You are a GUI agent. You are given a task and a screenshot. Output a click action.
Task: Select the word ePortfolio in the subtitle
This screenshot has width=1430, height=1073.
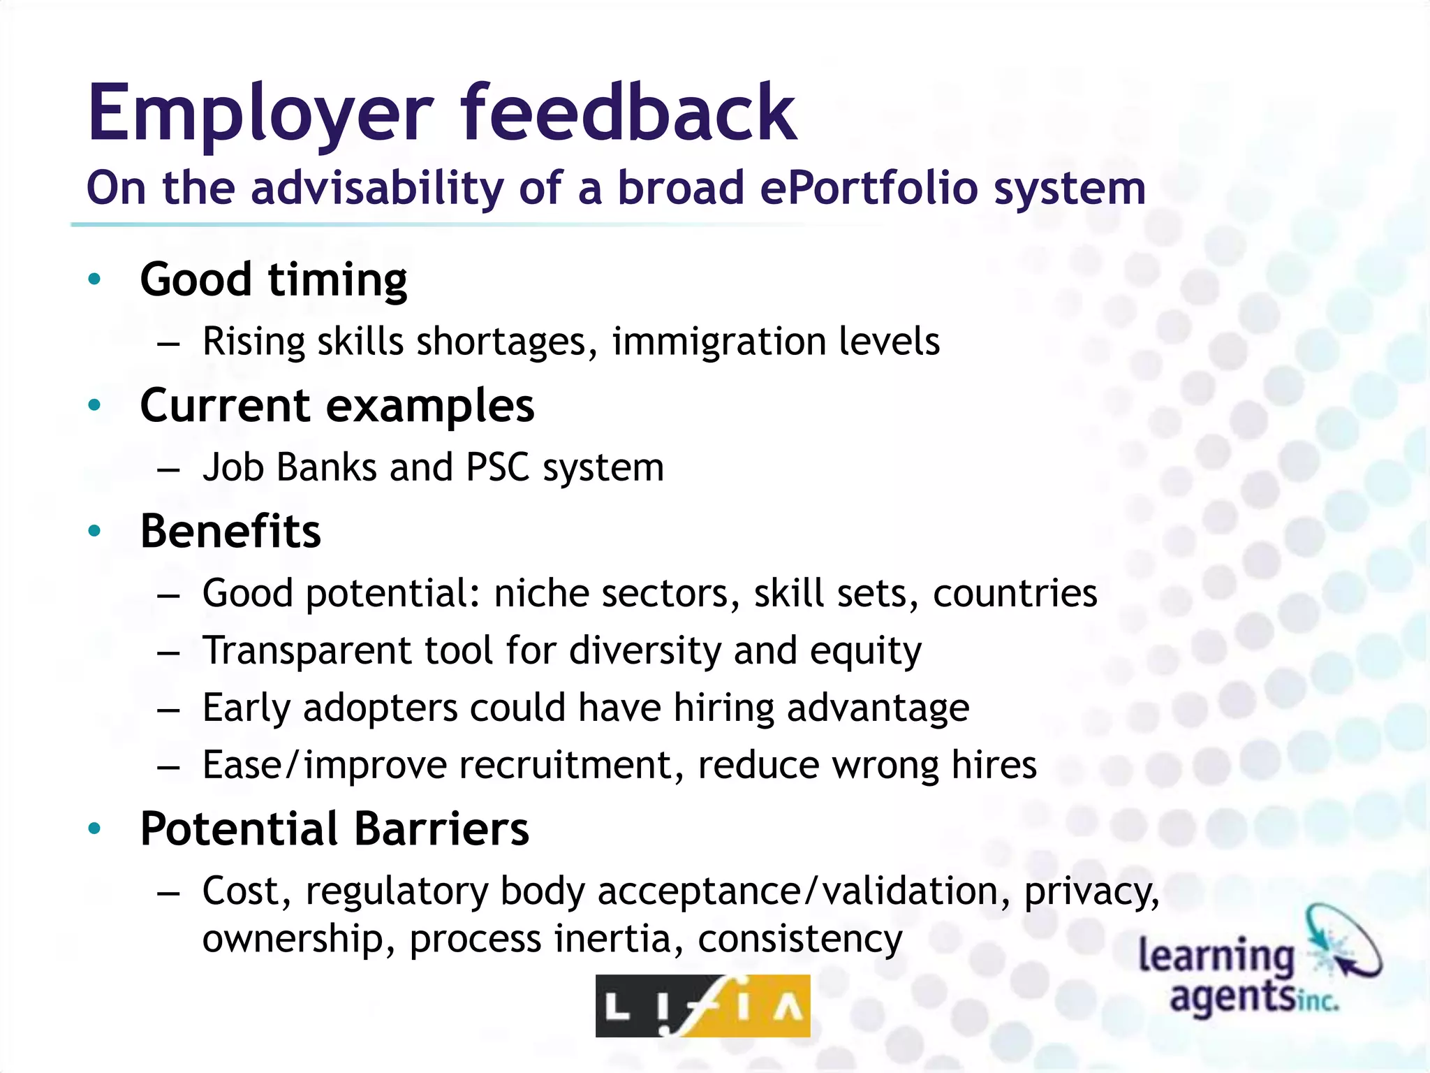click(869, 189)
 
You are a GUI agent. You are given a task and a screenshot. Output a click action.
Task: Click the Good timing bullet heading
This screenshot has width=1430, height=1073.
click(274, 280)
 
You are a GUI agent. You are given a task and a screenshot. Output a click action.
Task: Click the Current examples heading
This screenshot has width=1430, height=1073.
click(337, 406)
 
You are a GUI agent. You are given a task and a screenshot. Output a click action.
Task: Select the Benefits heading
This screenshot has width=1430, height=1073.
click(230, 532)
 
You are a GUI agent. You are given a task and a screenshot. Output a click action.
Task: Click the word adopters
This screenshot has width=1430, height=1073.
click(381, 708)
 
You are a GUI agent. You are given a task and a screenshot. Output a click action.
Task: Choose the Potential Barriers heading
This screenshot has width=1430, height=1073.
click(334, 829)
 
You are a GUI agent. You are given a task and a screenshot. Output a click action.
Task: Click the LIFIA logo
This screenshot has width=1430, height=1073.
click(702, 1006)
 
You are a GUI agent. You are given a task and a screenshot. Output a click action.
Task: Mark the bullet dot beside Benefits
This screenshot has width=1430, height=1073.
click(95, 532)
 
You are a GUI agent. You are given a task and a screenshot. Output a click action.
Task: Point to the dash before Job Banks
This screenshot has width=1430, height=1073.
click(168, 470)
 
